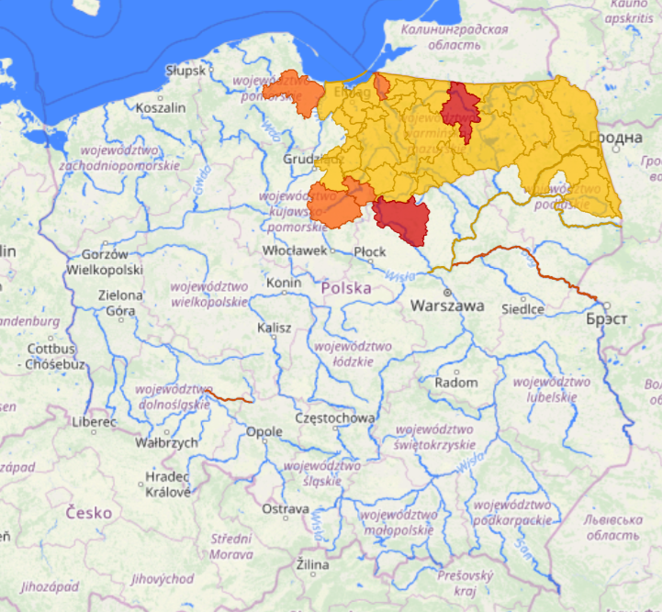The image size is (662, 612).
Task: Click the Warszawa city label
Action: [447, 306]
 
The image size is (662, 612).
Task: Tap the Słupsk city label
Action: [187, 70]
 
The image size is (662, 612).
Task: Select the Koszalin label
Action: [160, 107]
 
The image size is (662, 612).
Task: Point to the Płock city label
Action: [370, 250]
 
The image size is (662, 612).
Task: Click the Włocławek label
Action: [295, 250]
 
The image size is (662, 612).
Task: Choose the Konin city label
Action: [284, 283]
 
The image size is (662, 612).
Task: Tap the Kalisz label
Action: [275, 328]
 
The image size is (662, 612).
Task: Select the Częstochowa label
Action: [333, 417]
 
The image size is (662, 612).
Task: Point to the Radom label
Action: [456, 382]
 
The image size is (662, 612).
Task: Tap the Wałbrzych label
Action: [166, 442]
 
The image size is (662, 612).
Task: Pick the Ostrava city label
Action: [285, 508]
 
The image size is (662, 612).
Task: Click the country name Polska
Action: [347, 288]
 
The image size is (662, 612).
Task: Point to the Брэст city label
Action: [609, 319]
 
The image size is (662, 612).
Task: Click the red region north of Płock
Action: [401, 219]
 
